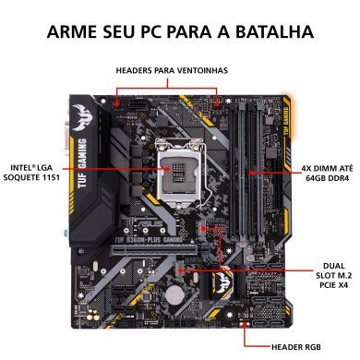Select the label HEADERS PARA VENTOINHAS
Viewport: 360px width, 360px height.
(171, 70)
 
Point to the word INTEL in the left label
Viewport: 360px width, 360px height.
(20, 167)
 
